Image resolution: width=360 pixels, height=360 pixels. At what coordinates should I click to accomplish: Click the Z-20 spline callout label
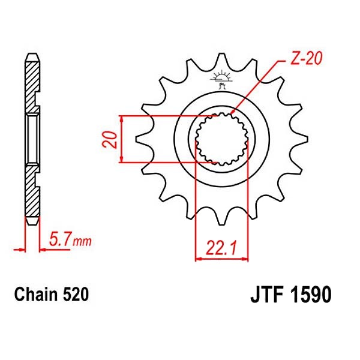pyautogui.click(x=306, y=58)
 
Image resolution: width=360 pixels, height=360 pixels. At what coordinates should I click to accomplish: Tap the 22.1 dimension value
pyautogui.click(x=221, y=247)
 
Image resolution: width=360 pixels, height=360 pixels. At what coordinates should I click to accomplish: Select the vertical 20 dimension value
pyautogui.click(x=110, y=139)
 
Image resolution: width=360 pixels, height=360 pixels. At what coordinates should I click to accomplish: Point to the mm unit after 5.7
pyautogui.click(x=82, y=242)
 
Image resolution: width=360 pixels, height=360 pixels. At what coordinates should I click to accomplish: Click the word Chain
pyautogui.click(x=35, y=295)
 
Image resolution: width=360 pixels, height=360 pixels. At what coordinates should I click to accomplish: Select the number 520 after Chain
pyautogui.click(x=76, y=295)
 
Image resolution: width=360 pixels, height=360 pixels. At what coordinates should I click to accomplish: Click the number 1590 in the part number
pyautogui.click(x=310, y=295)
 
